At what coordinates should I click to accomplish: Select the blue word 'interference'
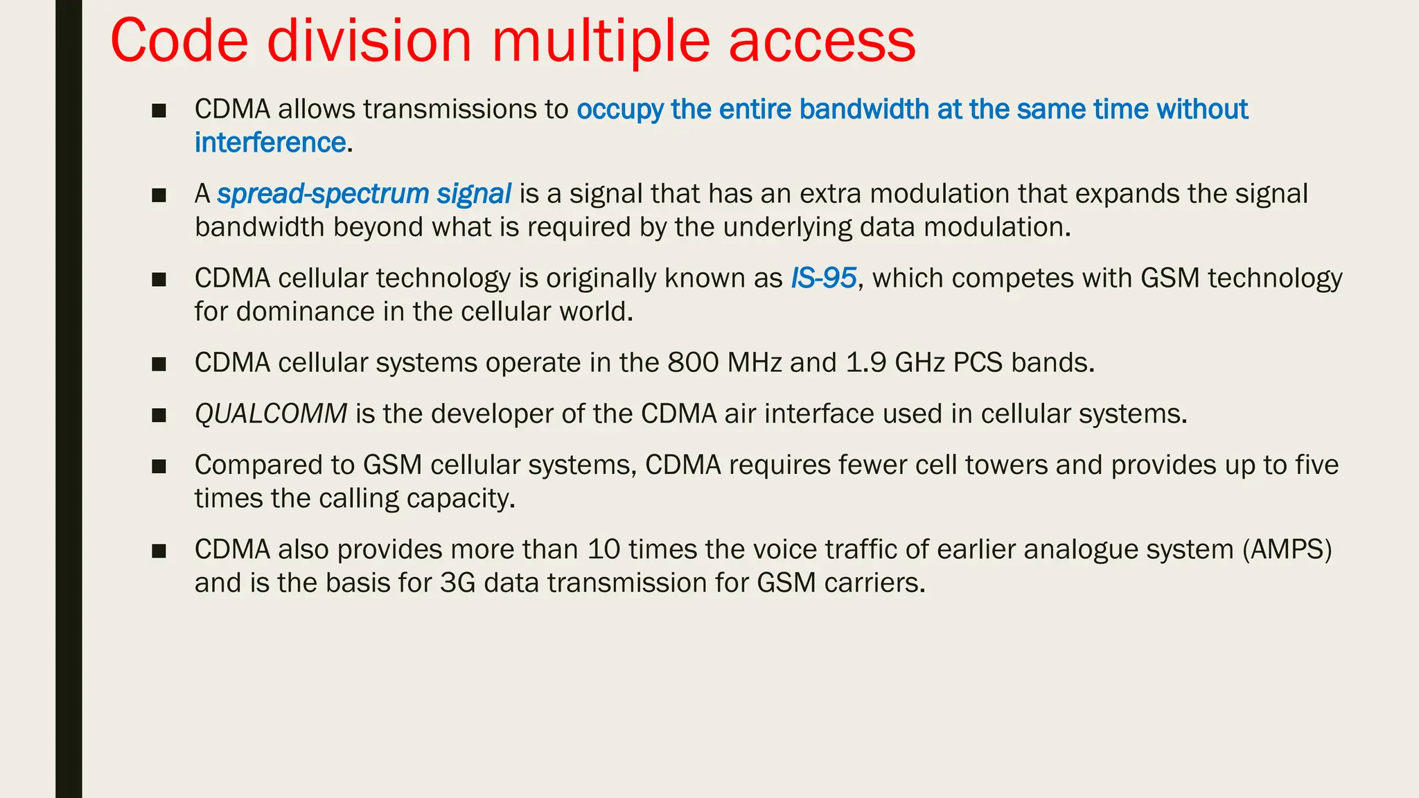click(270, 143)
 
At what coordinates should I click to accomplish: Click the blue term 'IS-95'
click(824, 278)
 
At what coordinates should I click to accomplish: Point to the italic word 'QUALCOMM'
click(271, 414)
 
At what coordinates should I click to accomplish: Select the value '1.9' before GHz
click(866, 363)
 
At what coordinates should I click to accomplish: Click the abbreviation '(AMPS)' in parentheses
click(1287, 549)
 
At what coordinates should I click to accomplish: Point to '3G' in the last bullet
click(458, 583)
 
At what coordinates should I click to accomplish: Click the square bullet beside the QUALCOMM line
click(159, 415)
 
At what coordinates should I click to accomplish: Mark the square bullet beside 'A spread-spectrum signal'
click(159, 195)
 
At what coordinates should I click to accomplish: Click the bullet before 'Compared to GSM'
click(159, 466)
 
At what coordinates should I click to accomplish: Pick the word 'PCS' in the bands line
click(978, 363)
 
